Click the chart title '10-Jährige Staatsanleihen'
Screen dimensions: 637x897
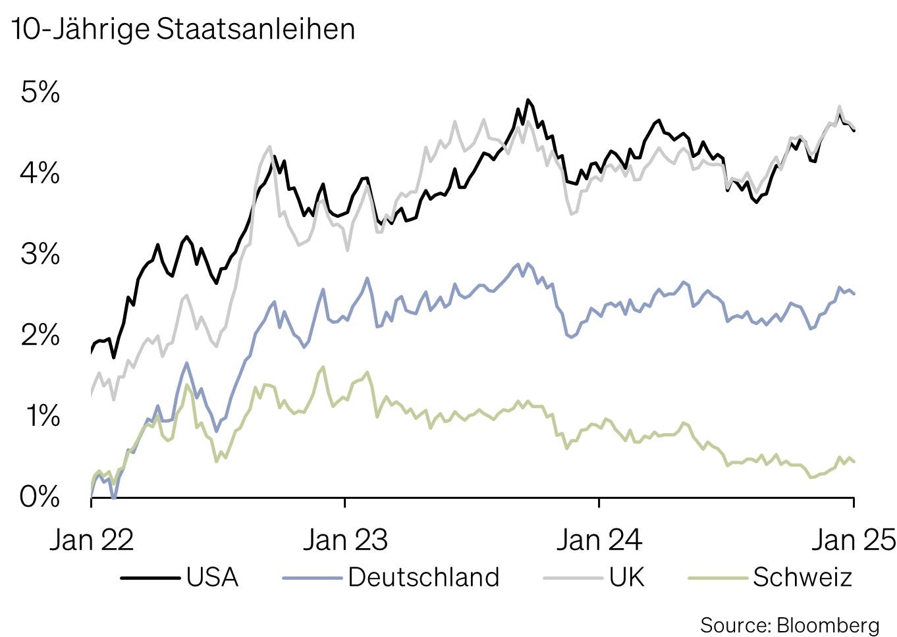pyautogui.click(x=182, y=30)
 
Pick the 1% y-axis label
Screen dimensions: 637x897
pyautogui.click(x=42, y=416)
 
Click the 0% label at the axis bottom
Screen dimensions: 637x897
pyautogui.click(x=40, y=496)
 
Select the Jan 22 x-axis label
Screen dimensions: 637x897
pyautogui.click(x=92, y=540)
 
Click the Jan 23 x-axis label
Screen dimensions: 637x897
pyautogui.click(x=345, y=540)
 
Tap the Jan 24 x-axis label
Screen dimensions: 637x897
pyautogui.click(x=599, y=540)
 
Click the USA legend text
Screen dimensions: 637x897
pyautogui.click(x=212, y=577)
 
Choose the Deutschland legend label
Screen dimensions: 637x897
pyautogui.click(x=423, y=577)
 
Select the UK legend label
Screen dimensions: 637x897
pyautogui.click(x=626, y=577)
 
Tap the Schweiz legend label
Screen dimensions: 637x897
pyautogui.click(x=803, y=577)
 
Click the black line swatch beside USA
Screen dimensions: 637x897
pyautogui.click(x=150, y=578)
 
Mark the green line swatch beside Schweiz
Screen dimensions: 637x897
pyautogui.click(x=717, y=578)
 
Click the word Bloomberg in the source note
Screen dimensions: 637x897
pyautogui.click(x=828, y=624)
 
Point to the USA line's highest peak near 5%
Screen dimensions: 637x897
pyautogui.click(x=528, y=100)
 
